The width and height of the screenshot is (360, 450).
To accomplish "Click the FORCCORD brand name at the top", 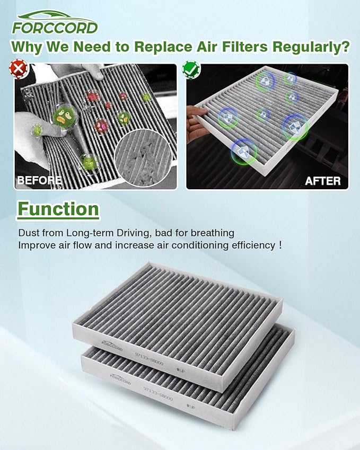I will [x=55, y=27].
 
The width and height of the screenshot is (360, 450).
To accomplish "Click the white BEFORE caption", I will [x=39, y=180].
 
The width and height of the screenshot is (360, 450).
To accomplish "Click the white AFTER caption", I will [x=323, y=181].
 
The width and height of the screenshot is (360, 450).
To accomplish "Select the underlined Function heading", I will [x=59, y=209].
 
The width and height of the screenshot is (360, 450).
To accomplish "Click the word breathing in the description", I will [x=214, y=233].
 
